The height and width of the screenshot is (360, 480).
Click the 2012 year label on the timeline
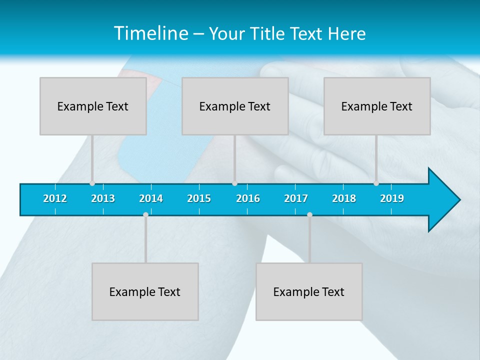[x=55, y=198]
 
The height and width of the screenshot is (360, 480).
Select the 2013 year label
[x=103, y=198]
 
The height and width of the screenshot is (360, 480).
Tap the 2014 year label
[x=151, y=198]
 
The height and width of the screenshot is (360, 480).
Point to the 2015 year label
[x=199, y=198]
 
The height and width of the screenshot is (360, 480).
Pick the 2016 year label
[x=248, y=198]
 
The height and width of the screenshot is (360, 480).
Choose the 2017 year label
[x=296, y=198]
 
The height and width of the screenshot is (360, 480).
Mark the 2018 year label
[x=344, y=198]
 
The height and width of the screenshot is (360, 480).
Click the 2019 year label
[x=392, y=198]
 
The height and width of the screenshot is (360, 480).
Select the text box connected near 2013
[x=93, y=106]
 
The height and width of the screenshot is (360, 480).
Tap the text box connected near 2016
[x=235, y=106]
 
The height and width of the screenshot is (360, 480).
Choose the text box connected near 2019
[x=377, y=106]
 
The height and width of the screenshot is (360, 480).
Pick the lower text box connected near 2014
[x=145, y=291]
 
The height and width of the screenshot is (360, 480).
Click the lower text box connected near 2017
[x=309, y=291]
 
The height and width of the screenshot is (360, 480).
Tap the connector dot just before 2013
[x=92, y=183]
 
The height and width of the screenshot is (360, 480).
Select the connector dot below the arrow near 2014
[x=145, y=214]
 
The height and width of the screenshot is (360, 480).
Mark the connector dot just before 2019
[x=376, y=183]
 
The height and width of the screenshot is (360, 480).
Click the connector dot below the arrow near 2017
[x=309, y=214]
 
